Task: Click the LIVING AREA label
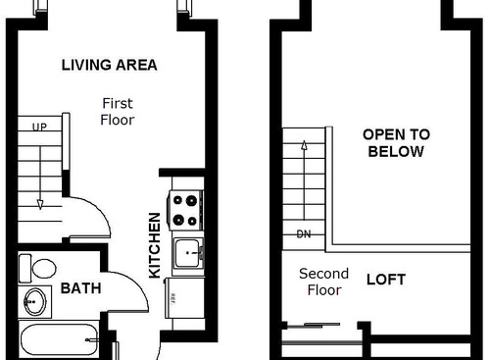pos(109,66)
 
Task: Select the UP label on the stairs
pos(40,128)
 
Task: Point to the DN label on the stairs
pos(304,234)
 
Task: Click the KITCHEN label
pos(155,245)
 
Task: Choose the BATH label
pos(80,289)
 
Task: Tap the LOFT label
pos(385,280)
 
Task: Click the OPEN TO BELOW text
pos(395,143)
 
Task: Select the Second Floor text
pos(323,283)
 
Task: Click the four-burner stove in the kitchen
pos(186,209)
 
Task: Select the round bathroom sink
pos(34,301)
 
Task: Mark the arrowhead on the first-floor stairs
pos(40,204)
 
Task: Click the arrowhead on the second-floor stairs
pos(304,146)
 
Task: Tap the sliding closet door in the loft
pos(311,326)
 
